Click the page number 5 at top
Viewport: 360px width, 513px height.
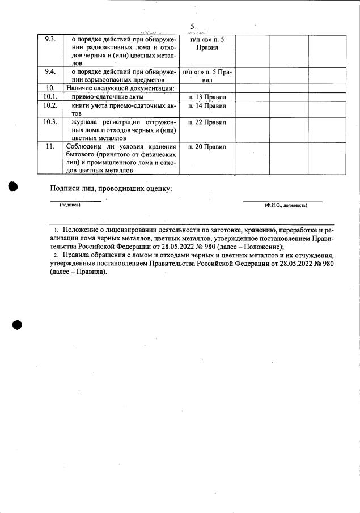193,27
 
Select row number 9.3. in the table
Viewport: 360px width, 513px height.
50,39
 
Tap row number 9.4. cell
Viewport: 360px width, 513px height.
50,72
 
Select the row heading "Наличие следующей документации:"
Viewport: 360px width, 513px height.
120,88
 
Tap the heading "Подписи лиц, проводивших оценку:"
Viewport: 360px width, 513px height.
111,188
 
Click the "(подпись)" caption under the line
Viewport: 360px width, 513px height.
70,205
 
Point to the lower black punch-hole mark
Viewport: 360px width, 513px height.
16,324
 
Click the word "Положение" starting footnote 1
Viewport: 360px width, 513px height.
81,231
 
